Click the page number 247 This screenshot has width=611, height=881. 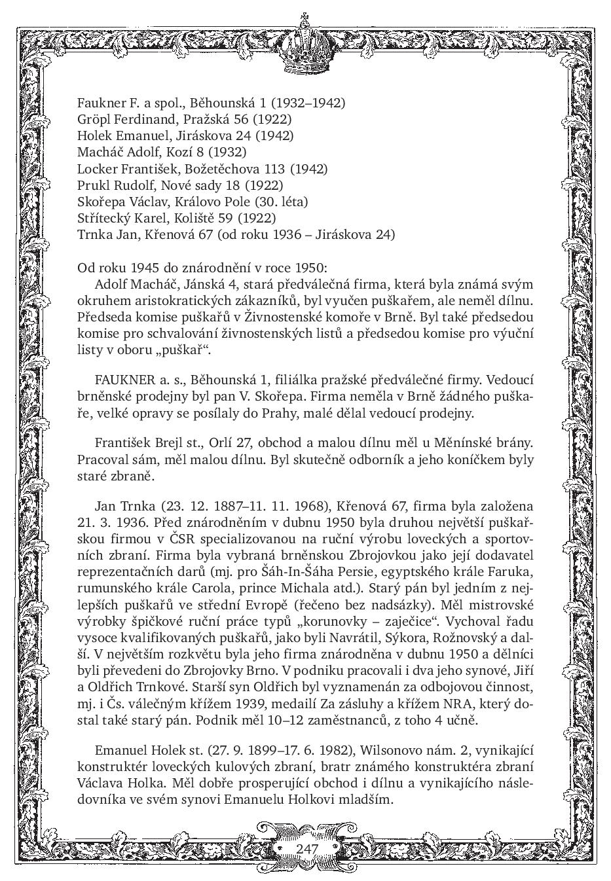[x=306, y=848]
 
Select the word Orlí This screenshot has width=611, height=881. [x=221, y=443]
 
